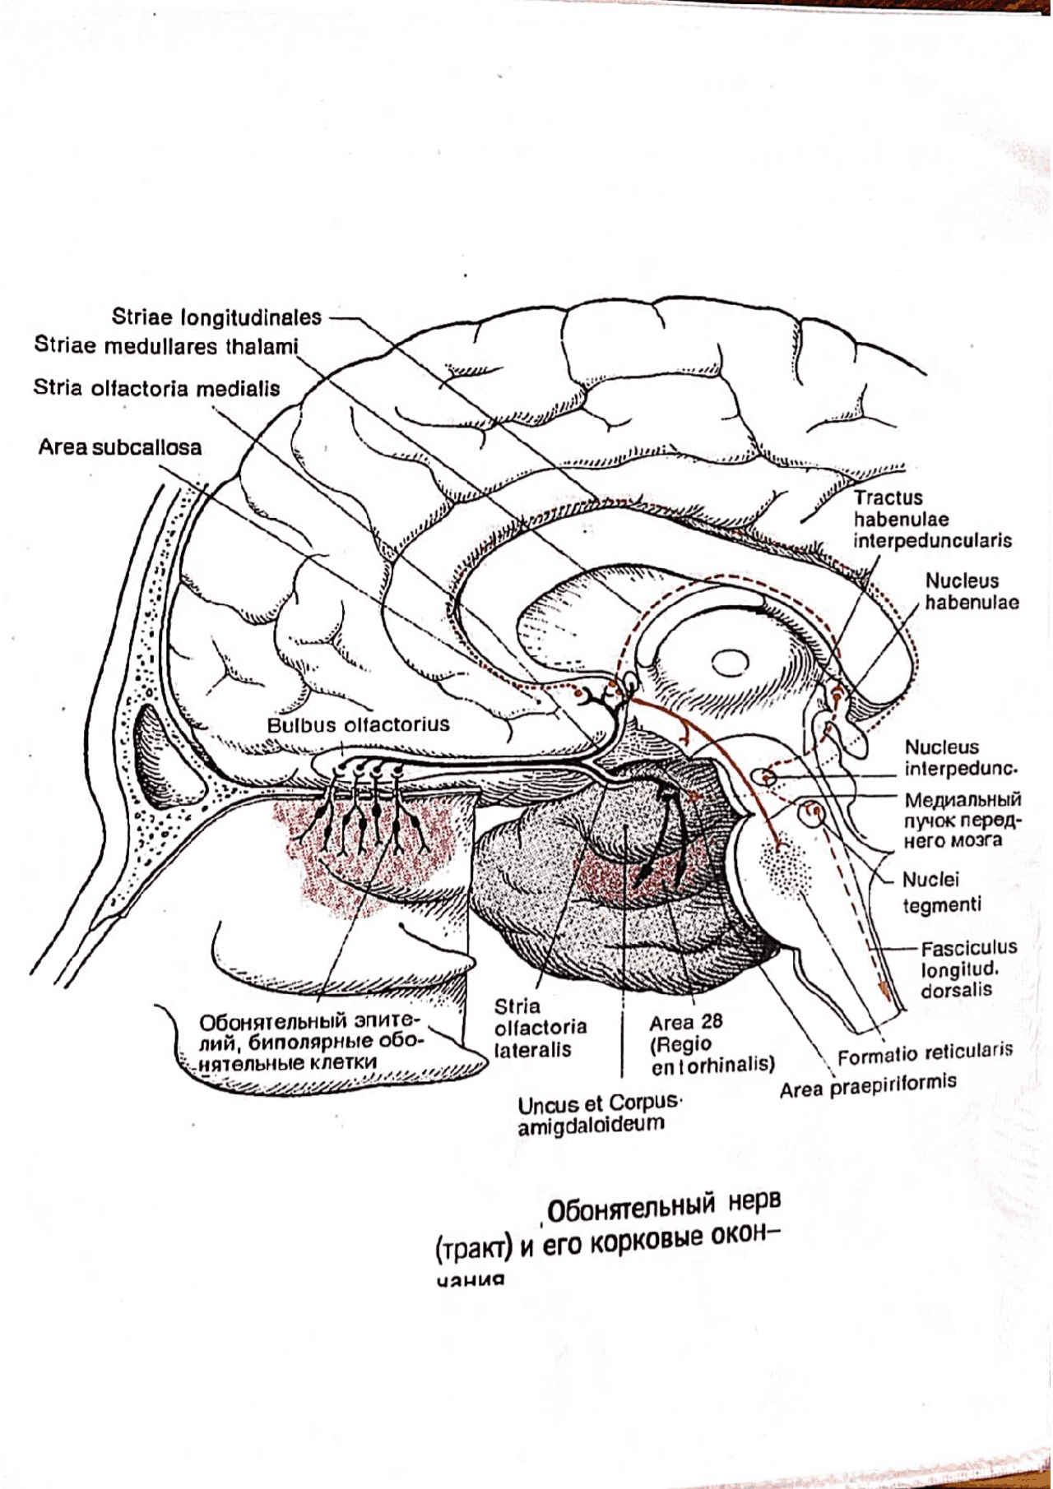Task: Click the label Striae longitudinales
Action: (x=216, y=317)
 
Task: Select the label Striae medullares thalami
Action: (x=166, y=346)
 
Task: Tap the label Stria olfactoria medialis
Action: (x=156, y=388)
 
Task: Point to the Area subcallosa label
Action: (x=120, y=447)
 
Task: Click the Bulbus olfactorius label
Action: (x=358, y=724)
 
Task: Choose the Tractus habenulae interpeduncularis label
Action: (x=932, y=519)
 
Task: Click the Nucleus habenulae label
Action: (x=972, y=591)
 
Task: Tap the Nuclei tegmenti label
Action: (x=941, y=892)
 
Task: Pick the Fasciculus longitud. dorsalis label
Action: (x=967, y=969)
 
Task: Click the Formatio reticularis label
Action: (x=925, y=1053)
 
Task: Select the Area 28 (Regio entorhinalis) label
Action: (x=711, y=1043)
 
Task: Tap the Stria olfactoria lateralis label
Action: (x=540, y=1028)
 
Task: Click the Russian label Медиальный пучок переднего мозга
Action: (x=963, y=820)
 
